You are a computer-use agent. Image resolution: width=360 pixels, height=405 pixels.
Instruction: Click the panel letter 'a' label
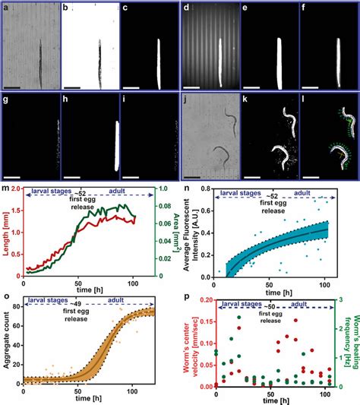tap(7, 8)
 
